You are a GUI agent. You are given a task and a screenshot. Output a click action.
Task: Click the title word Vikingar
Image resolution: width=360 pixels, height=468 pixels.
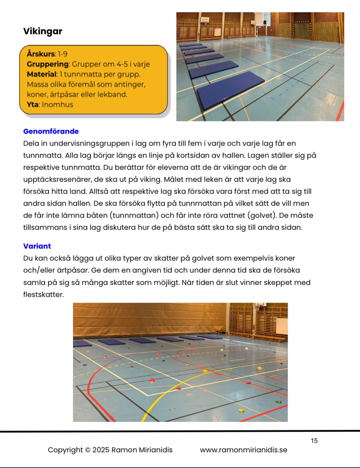click(42, 31)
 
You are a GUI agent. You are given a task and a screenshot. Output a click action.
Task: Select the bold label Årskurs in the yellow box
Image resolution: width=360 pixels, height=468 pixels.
click(41, 54)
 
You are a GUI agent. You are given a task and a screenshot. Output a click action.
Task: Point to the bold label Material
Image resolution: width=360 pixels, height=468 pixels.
click(41, 74)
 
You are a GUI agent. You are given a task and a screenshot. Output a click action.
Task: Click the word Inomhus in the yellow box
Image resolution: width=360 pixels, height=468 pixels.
click(57, 104)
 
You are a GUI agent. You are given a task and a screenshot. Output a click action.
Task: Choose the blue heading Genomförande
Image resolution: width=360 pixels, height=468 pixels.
click(51, 131)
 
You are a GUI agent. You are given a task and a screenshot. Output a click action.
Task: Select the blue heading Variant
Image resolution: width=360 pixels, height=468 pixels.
click(37, 246)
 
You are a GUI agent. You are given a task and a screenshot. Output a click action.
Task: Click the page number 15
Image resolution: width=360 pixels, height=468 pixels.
click(314, 440)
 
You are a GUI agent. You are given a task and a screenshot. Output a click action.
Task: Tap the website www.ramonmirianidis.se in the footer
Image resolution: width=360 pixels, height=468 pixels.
click(243, 450)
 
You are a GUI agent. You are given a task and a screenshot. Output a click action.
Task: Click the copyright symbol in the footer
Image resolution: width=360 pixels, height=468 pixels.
click(87, 450)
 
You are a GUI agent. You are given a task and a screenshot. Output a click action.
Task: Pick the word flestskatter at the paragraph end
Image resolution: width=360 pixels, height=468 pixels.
click(43, 294)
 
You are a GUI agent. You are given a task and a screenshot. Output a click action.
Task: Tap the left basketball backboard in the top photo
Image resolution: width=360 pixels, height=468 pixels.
click(205, 20)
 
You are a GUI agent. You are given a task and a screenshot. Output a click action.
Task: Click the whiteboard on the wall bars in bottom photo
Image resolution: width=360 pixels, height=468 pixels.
click(281, 325)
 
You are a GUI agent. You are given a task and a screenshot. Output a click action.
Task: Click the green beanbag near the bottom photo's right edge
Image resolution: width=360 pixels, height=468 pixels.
click(278, 402)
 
